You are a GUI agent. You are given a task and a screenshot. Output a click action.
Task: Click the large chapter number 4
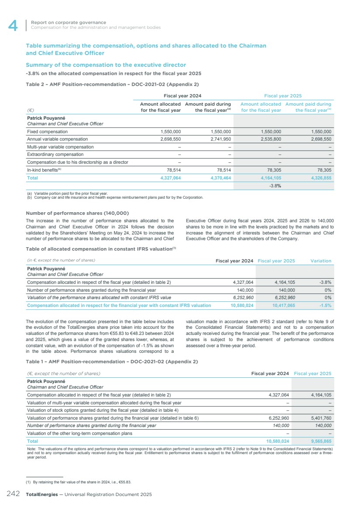(13, 26)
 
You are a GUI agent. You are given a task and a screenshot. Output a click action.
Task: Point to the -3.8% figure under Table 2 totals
(274, 186)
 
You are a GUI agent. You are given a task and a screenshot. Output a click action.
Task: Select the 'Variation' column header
(321, 261)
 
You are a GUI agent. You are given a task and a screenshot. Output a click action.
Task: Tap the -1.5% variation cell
(324, 306)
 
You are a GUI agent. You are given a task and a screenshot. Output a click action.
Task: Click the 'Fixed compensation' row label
(48, 131)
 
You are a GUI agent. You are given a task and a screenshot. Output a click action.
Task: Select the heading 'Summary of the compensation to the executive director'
(106, 65)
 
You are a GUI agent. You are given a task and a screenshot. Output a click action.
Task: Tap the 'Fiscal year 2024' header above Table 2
(182, 96)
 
